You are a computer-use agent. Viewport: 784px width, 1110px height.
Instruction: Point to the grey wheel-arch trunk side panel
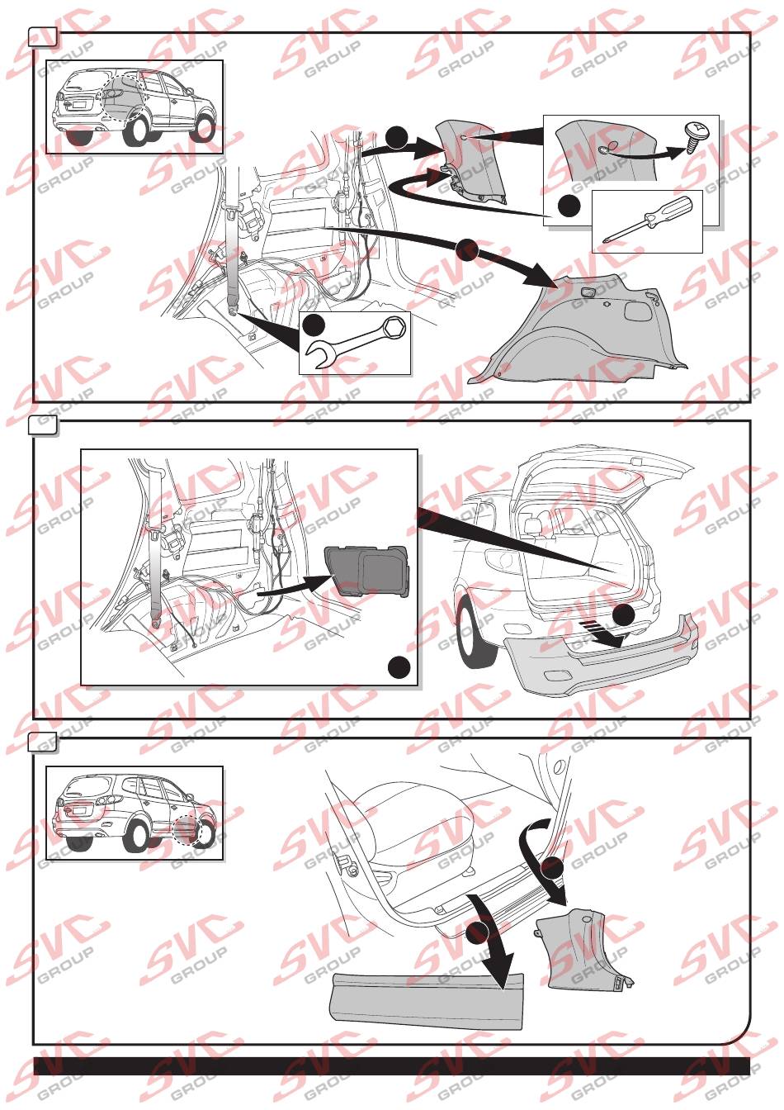(574, 332)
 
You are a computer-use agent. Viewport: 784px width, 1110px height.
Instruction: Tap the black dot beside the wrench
(314, 326)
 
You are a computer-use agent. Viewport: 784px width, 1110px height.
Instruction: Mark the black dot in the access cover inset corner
(399, 667)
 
